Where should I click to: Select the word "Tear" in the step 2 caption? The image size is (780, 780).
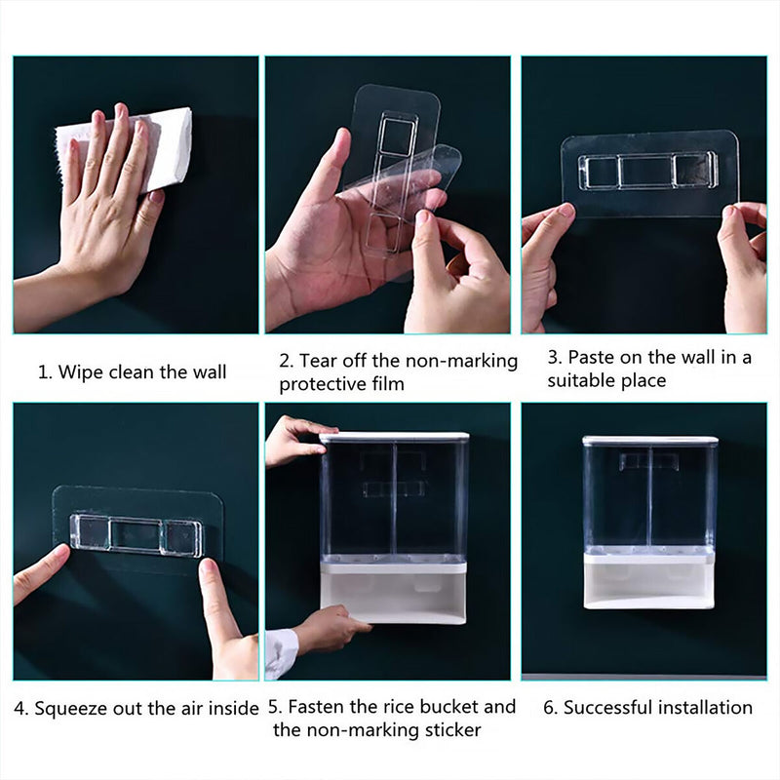318,360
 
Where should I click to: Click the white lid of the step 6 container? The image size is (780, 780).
650,441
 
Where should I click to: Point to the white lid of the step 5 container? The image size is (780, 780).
394,437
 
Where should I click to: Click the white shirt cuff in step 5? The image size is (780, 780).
282,652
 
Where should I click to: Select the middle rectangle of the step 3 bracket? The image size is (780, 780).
645,173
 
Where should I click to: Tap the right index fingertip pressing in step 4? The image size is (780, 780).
209,567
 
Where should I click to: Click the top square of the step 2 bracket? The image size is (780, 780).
397,136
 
